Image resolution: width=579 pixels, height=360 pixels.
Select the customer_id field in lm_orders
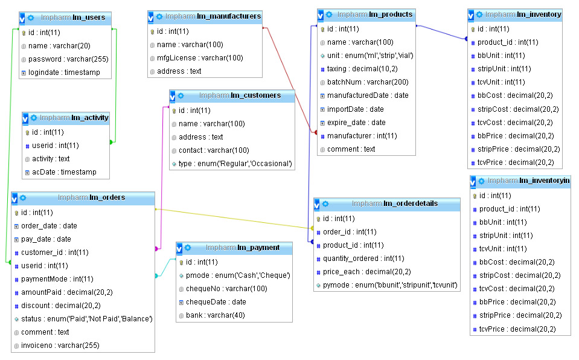(x=55, y=252)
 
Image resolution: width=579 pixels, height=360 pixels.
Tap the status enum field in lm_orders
(x=83, y=319)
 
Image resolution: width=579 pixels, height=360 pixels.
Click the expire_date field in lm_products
(x=356, y=123)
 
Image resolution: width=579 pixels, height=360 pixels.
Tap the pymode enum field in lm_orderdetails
(x=390, y=285)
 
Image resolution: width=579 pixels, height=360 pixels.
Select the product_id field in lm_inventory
(x=508, y=42)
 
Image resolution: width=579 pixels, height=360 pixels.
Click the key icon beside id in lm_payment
(x=181, y=262)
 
